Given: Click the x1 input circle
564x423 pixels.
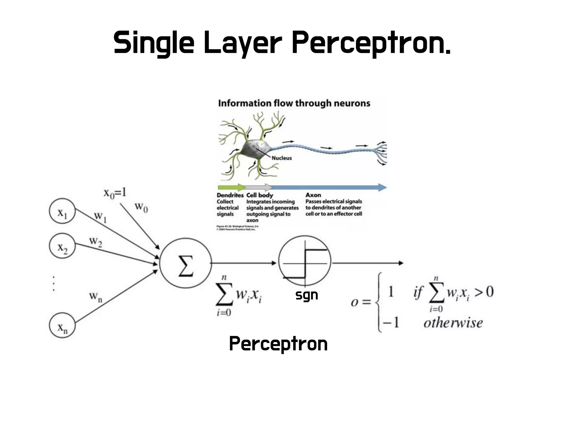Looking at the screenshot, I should tap(62, 211).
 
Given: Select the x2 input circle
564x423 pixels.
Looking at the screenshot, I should tap(62, 246).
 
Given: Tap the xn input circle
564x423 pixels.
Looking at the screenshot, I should tap(62, 325).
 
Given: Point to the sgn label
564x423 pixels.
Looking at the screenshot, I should tap(307, 295).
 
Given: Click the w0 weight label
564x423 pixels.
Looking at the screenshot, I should tap(141, 207).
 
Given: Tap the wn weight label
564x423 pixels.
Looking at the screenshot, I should tap(96, 297).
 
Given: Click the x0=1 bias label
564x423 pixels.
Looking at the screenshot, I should tap(115, 193).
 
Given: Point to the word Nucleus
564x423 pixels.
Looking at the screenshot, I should tap(281, 158).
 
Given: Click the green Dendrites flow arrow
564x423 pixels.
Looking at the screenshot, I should tap(231, 188).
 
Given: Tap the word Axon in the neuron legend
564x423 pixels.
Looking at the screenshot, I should tap(313, 195).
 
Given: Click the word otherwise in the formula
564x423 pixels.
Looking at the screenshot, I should tap(453, 323).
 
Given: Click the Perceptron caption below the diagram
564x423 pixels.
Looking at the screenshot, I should tap(278, 344).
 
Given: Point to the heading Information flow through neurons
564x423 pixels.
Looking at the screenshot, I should tap(294, 104).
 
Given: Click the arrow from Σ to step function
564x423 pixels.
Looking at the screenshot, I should tap(243, 263).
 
